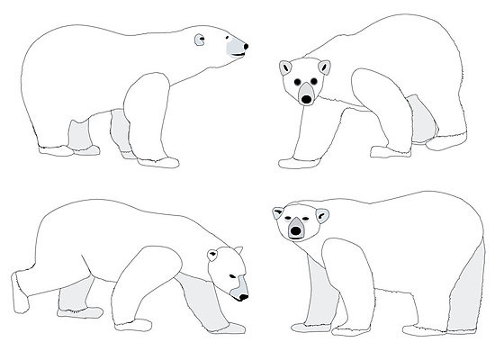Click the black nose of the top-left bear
(x=245, y=46)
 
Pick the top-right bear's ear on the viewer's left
(x=285, y=66)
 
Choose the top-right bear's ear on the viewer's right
(x=325, y=65)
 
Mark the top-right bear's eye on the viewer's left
(x=297, y=82)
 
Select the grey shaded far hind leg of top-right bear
(x=419, y=117)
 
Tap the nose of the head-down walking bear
(x=244, y=297)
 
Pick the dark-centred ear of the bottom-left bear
(x=213, y=254)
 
